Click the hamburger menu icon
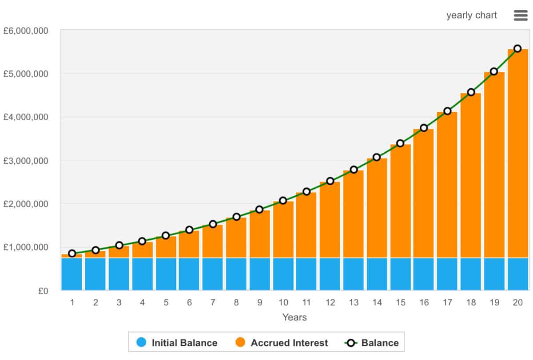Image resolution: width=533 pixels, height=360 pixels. (x=520, y=16)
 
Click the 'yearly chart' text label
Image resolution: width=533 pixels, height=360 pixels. (x=472, y=16)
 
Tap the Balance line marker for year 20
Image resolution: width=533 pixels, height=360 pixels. (x=517, y=48)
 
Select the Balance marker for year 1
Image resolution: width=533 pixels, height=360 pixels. (x=72, y=253)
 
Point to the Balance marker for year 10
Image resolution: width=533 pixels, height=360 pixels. (x=283, y=201)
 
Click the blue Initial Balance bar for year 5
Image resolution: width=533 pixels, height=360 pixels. (x=166, y=274)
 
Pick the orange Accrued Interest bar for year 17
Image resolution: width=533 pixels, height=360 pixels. (x=447, y=184)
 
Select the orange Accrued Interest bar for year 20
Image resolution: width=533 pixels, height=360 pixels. (x=517, y=153)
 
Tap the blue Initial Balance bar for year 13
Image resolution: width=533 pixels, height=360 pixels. (x=354, y=274)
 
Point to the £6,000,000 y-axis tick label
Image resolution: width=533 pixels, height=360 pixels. (x=32, y=31)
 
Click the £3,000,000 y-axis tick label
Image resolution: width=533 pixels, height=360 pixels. (x=32, y=161)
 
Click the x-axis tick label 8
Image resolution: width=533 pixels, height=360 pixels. (x=236, y=303)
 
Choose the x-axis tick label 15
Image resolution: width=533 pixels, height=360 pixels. (x=401, y=303)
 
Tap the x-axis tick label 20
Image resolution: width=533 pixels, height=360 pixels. (x=517, y=303)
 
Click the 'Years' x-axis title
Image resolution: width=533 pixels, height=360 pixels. (x=294, y=317)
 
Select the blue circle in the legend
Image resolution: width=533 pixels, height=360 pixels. (x=141, y=342)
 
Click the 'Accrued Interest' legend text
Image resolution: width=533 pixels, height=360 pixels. (x=289, y=343)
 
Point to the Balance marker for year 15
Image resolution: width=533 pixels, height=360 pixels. (x=400, y=143)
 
